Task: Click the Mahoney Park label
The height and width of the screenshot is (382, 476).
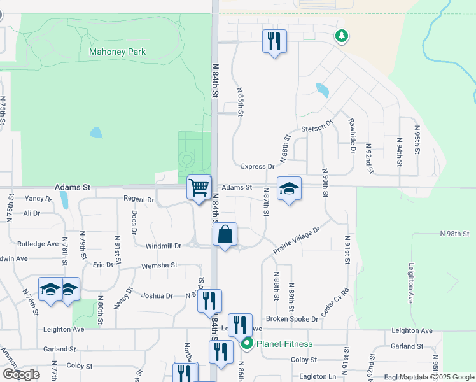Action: [117, 52]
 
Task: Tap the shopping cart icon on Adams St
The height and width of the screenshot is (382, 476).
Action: [199, 187]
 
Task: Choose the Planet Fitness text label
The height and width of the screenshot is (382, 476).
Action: [284, 344]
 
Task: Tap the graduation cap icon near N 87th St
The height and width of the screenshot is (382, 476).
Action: [289, 188]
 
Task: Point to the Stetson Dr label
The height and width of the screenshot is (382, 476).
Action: [317, 126]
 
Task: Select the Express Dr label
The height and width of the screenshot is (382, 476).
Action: [257, 167]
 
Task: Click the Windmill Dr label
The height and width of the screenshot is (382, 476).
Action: [164, 246]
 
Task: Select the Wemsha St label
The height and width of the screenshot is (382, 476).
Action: [159, 265]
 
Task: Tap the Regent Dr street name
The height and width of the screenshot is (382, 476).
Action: [139, 200]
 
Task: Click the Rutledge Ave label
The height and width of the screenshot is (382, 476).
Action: [38, 244]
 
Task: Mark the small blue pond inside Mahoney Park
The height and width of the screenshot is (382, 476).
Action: [96, 132]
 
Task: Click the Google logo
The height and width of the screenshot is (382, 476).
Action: [21, 374]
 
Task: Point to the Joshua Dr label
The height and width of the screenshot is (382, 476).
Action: [157, 296]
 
